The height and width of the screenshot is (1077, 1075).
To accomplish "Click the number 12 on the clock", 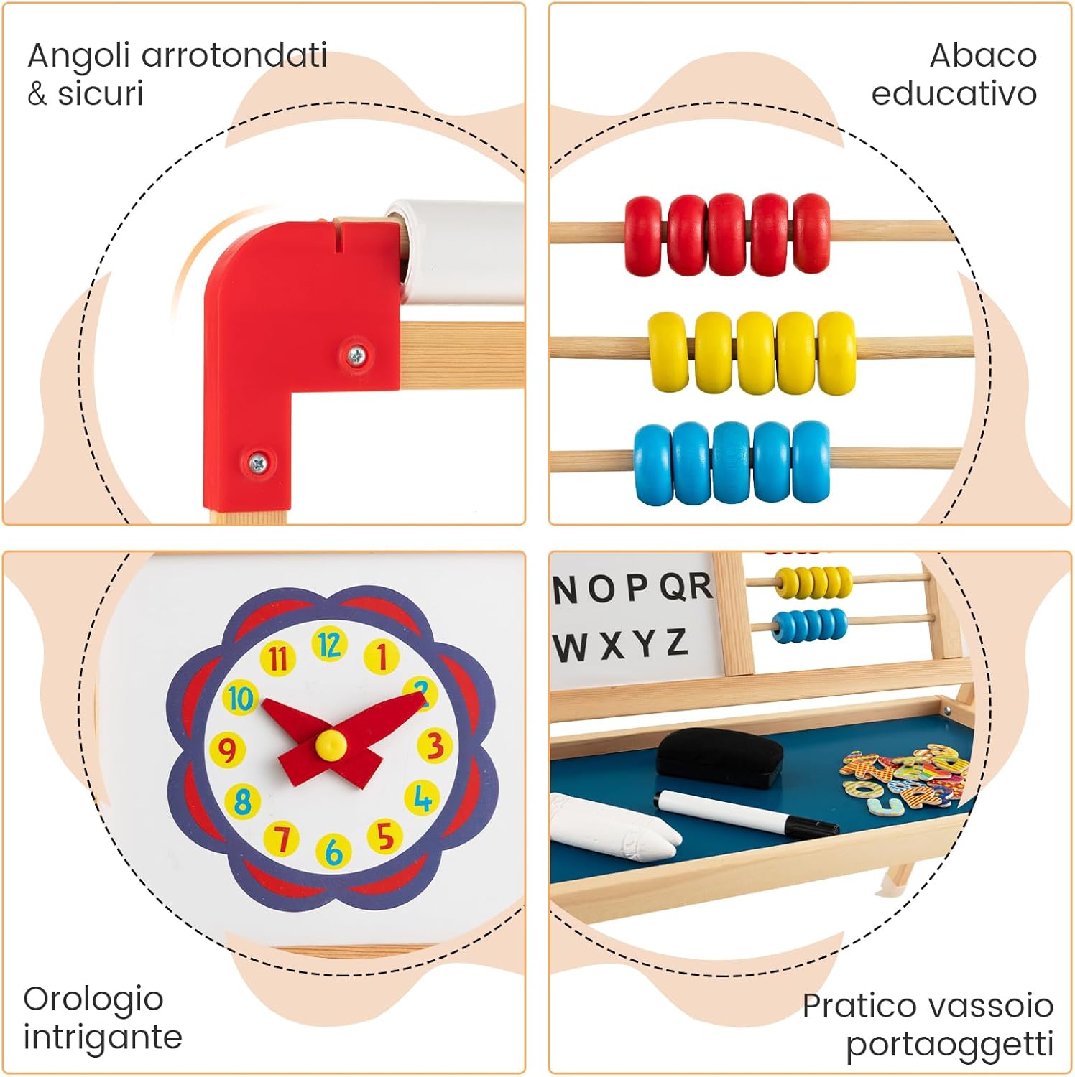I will [x=329, y=645].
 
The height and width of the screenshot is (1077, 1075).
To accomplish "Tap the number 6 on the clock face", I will [x=333, y=852].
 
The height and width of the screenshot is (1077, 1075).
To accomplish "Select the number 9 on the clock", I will [x=227, y=750].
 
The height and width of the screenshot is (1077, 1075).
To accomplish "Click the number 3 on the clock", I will [x=434, y=745].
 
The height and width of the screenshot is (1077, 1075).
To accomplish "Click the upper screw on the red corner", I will [x=356, y=353].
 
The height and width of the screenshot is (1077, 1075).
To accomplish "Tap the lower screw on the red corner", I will [x=257, y=463].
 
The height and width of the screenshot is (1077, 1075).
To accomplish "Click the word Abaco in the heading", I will [x=982, y=55].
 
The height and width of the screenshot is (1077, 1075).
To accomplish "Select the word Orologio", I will [x=93, y=999].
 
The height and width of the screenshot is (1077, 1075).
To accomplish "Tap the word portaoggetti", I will [x=949, y=1045].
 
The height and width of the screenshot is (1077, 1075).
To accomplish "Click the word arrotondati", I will [x=234, y=55].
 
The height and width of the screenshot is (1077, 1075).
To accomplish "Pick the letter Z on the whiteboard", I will [x=676, y=642].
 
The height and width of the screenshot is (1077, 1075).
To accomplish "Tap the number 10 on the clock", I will [x=240, y=698].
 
